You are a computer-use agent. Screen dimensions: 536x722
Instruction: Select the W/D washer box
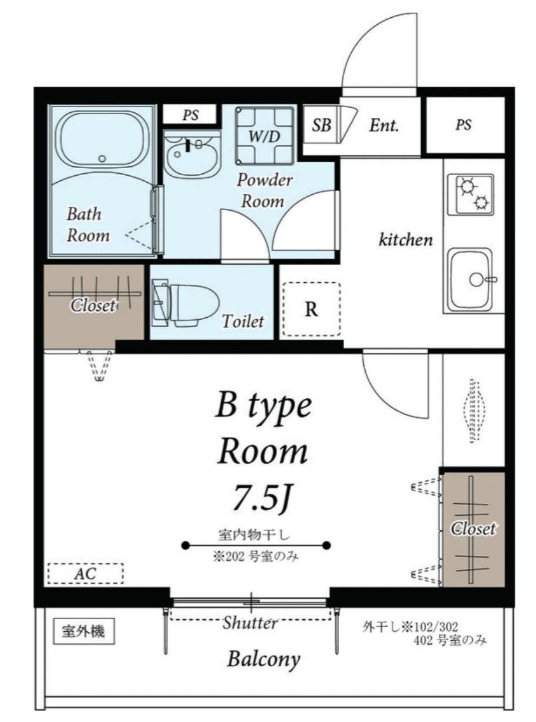(264, 135)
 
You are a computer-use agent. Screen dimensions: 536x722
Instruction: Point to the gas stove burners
(474, 194)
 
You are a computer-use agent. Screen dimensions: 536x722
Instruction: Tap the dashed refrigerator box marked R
(311, 309)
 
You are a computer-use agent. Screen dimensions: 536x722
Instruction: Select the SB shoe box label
(321, 125)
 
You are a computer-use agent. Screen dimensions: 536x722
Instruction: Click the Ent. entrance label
(384, 125)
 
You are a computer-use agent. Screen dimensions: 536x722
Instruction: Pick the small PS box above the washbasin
(190, 115)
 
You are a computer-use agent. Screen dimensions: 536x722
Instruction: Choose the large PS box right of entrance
(465, 125)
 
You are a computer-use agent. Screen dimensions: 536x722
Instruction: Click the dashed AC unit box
(86, 574)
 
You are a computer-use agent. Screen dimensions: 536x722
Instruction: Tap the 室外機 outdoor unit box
(83, 631)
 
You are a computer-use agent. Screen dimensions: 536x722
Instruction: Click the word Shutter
(250, 623)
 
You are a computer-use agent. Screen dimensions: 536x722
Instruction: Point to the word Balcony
(263, 659)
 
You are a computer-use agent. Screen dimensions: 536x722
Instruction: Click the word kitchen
(406, 239)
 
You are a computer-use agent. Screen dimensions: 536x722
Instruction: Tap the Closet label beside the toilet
(93, 305)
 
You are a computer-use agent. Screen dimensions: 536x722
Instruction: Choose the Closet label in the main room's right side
(473, 528)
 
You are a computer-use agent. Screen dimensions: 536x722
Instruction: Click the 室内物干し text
(254, 535)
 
